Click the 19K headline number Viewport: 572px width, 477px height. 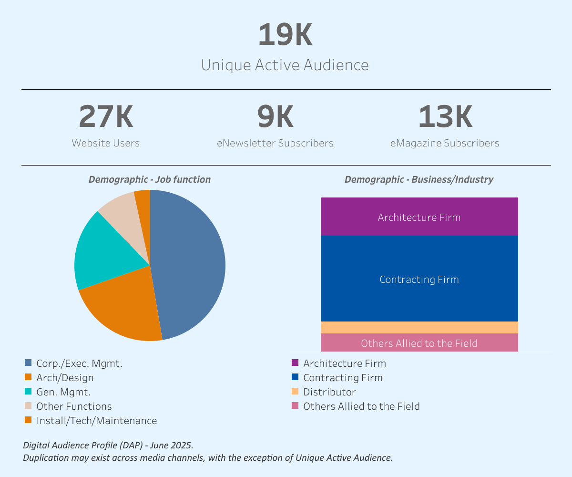click(x=285, y=35)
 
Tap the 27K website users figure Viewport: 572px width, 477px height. click(x=106, y=117)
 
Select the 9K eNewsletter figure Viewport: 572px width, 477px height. click(x=275, y=117)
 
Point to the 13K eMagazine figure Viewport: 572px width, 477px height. click(x=445, y=117)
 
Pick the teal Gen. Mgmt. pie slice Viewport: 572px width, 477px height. click(x=105, y=253)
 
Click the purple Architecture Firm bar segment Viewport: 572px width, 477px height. click(x=419, y=217)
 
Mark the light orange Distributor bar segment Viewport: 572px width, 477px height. click(x=419, y=327)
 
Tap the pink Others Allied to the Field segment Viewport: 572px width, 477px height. click(x=419, y=343)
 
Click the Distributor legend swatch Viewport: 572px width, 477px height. click(x=295, y=392)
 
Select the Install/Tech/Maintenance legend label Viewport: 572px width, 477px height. click(x=96, y=421)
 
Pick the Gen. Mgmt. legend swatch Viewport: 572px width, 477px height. click(x=28, y=392)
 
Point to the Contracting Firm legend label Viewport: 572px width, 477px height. click(x=343, y=378)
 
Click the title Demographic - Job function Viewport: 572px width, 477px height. click(x=150, y=179)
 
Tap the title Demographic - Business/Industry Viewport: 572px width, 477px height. click(x=419, y=179)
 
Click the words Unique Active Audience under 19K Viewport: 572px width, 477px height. click(x=285, y=65)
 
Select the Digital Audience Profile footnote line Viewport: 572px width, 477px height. click(x=108, y=445)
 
